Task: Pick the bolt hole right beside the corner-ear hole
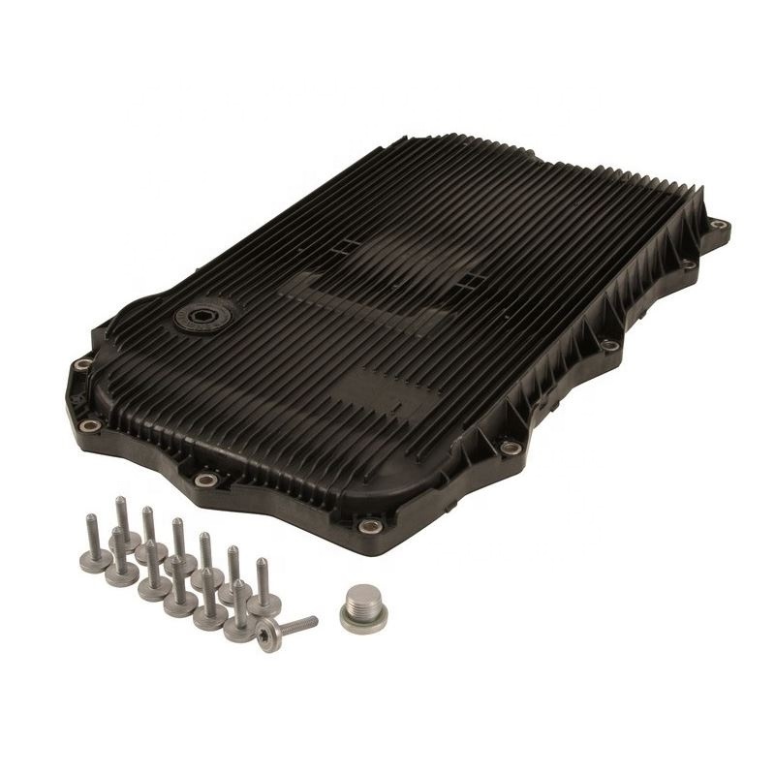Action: [x=685, y=263]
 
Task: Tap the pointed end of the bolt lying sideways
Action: [x=316, y=617]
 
